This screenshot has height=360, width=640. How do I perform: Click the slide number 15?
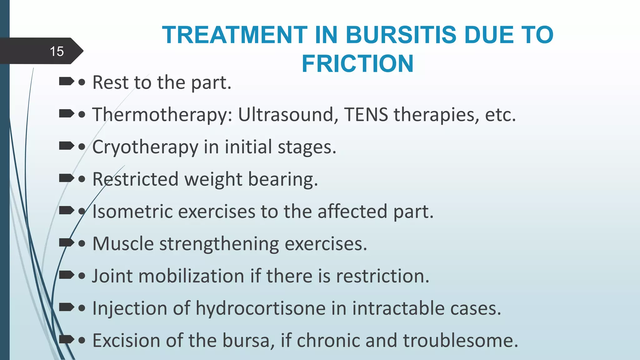[x=57, y=51]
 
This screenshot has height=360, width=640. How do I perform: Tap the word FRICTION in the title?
[x=357, y=64]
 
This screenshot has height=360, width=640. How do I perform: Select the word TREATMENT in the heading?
[x=235, y=35]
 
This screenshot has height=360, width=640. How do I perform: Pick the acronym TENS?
[x=366, y=115]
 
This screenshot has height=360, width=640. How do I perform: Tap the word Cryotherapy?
[x=145, y=147]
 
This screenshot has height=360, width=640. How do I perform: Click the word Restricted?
[x=135, y=179]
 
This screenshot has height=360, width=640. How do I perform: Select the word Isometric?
[x=132, y=212]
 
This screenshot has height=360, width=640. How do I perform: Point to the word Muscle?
[x=123, y=244]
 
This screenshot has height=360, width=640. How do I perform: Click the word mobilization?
[x=191, y=276]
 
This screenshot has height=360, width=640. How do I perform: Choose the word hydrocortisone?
[x=261, y=308]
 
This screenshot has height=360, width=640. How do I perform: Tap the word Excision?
[x=126, y=341]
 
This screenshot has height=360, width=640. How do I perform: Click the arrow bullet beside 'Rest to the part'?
[x=66, y=82]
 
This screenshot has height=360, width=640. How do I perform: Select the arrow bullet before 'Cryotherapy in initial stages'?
[x=66, y=146]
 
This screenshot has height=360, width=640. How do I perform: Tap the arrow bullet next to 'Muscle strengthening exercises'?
[x=66, y=242]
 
